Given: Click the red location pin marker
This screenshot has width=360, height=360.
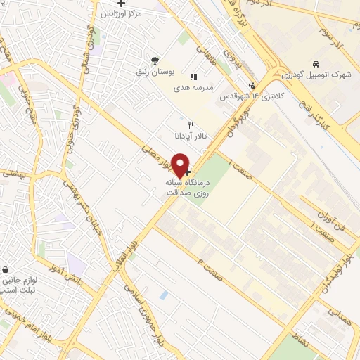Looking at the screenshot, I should pyautogui.click(x=181, y=165).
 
